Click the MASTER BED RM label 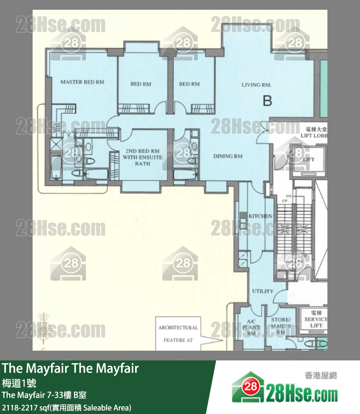coord(82,82)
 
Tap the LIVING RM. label coord(256,85)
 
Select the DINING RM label coord(228,156)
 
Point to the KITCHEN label coord(260,216)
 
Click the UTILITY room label coord(262,291)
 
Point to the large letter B coord(267,101)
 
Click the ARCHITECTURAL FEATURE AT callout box coord(178,334)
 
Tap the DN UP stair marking coord(288,197)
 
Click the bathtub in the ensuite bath coord(97,173)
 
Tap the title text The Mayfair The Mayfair coord(71,368)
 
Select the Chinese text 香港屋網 coord(320,375)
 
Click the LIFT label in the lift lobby coord(308,159)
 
